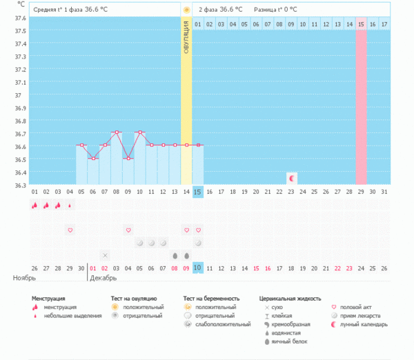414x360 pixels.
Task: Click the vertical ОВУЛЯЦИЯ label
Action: (186, 42)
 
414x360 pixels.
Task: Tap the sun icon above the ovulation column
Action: (186, 10)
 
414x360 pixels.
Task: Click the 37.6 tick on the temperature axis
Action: (21, 19)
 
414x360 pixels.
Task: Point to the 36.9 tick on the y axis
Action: (21, 108)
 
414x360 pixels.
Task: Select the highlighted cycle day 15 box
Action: (198, 191)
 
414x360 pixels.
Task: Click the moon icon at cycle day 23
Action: (291, 178)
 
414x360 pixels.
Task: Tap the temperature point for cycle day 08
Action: (117, 132)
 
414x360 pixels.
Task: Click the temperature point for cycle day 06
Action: (93, 158)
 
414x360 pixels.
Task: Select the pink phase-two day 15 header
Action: (361, 24)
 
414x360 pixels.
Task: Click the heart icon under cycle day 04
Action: (70, 229)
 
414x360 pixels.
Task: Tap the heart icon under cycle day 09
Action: (128, 229)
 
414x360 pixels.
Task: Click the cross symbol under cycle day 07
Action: (105, 255)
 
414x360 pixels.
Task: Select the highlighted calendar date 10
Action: (198, 268)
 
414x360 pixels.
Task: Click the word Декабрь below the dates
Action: (103, 278)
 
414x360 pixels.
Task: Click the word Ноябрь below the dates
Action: (25, 278)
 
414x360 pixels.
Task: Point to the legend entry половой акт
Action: (355, 306)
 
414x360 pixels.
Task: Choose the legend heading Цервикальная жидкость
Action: (290, 298)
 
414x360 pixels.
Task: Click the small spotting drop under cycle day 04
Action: (70, 205)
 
